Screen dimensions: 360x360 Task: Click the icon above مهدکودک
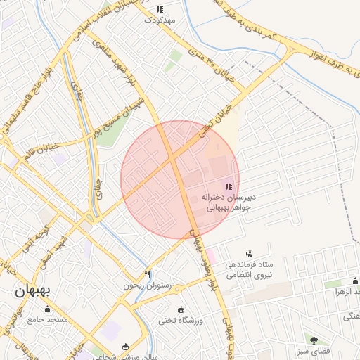(x=159, y=9)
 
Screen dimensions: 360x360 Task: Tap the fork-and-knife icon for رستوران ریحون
(x=147, y=274)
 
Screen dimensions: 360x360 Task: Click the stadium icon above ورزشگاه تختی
(x=181, y=310)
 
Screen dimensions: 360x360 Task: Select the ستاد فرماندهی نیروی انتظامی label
(x=247, y=269)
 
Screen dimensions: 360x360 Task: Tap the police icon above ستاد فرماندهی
(x=248, y=254)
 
